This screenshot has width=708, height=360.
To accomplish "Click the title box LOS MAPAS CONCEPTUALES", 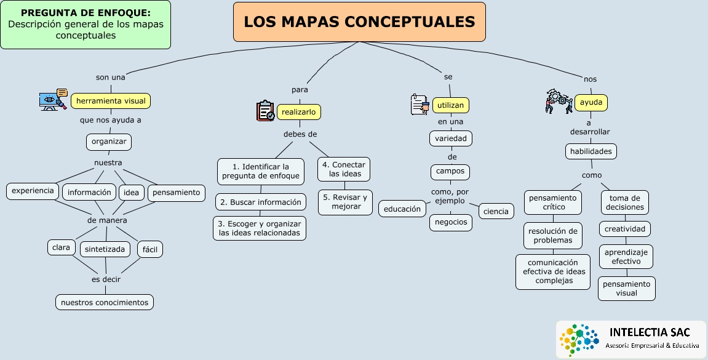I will tap(359, 22).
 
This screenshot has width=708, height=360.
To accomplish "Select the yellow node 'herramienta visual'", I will tap(111, 101).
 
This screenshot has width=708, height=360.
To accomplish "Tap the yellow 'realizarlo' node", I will tap(300, 111).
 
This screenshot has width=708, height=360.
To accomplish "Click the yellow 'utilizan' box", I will tap(451, 105).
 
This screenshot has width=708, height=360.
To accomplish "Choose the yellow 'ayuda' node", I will tap(591, 102).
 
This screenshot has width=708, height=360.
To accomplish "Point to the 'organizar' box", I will tap(109, 142).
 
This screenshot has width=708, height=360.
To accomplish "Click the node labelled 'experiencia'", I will tap(33, 191).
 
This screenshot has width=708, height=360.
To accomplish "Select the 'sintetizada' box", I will tap(105, 249).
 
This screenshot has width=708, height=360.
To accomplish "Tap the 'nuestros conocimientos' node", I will tap(105, 302).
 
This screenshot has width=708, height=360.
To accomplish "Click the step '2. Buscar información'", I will tap(261, 202).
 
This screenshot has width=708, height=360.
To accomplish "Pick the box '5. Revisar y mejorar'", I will tap(345, 202).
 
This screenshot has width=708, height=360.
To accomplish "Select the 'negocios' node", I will tap(451, 222).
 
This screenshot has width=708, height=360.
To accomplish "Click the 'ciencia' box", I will tap(496, 212).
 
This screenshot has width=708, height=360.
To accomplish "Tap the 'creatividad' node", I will tap(625, 229).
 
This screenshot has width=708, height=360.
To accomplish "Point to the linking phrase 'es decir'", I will tap(106, 279).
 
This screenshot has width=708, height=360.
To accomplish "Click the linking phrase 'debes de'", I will tap(300, 134).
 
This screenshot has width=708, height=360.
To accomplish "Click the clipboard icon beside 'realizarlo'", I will tap(266, 111).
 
